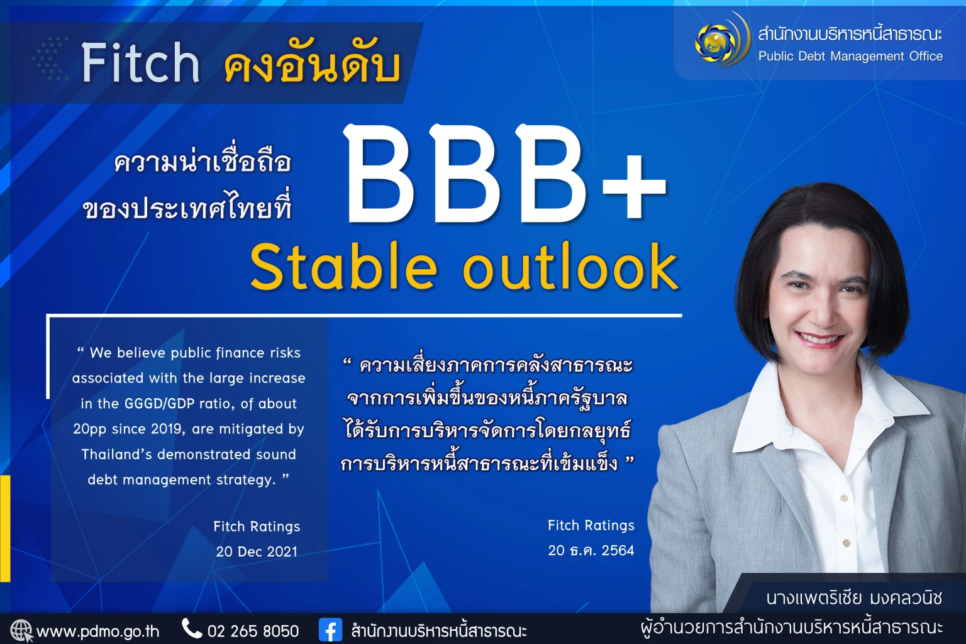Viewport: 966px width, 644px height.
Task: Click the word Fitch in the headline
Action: [x=141, y=63]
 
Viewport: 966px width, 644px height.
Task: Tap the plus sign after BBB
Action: [x=633, y=188]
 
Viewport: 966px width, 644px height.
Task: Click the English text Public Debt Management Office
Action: [x=850, y=57]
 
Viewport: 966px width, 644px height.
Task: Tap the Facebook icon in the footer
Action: [x=330, y=630]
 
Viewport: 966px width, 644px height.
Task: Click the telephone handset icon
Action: [x=191, y=628]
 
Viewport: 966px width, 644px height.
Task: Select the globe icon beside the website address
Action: [x=21, y=630]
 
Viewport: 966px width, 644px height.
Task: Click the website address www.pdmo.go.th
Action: [x=98, y=631]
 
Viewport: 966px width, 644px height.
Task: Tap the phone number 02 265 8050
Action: [x=253, y=631]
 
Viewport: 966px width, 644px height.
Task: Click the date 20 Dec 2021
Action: [x=257, y=552]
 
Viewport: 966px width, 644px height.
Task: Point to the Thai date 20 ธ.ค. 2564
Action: [x=591, y=550]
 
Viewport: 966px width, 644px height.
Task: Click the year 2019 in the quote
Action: [x=166, y=429]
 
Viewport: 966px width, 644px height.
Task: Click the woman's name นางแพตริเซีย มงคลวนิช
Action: [x=854, y=597]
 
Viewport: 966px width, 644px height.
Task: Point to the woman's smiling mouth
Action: [x=819, y=340]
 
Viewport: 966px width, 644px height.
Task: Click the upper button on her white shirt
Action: [x=844, y=498]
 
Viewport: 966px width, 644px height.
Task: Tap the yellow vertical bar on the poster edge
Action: [x=5, y=528]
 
